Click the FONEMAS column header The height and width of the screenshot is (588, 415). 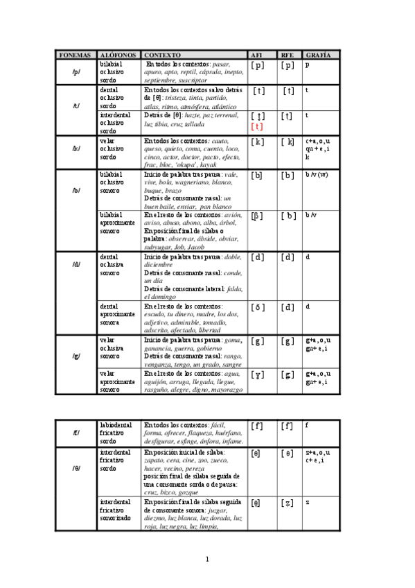[76, 54]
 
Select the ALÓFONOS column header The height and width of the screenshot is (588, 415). [118, 54]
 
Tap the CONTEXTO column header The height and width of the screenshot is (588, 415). [162, 54]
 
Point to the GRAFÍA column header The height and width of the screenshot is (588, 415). [318, 54]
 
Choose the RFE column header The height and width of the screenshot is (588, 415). [288, 54]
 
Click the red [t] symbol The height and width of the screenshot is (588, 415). [258, 126]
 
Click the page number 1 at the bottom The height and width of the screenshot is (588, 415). [207, 559]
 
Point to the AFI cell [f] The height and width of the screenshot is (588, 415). [258, 426]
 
